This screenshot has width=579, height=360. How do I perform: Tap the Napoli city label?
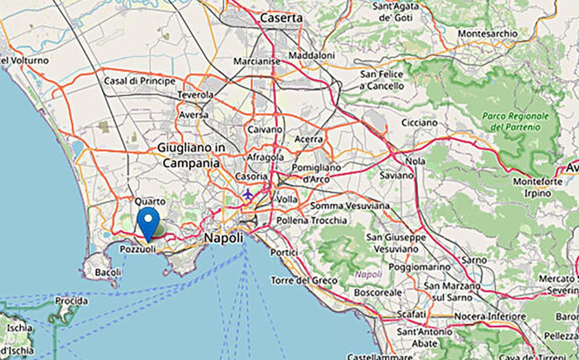[224, 238]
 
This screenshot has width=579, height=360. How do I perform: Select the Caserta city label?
[281, 18]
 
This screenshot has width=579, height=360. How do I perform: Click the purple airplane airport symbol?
[248, 194]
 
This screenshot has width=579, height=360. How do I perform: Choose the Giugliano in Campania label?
[191, 155]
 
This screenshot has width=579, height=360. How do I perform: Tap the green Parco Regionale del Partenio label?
[515, 122]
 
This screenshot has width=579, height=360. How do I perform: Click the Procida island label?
[71, 301]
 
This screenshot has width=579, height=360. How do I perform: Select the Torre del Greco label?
[304, 280]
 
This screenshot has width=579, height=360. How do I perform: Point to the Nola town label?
[416, 161]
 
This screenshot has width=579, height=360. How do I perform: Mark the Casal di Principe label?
[139, 81]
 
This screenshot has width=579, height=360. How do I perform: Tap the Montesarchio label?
[488, 33]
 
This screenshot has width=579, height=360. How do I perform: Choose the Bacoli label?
[108, 273]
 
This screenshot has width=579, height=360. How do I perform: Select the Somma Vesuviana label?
[342, 206]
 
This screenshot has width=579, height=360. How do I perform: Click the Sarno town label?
[474, 260]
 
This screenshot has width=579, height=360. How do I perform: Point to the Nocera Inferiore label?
[488, 317]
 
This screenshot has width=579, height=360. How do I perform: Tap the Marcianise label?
[257, 62]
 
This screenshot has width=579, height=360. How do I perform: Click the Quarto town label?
[146, 201]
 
